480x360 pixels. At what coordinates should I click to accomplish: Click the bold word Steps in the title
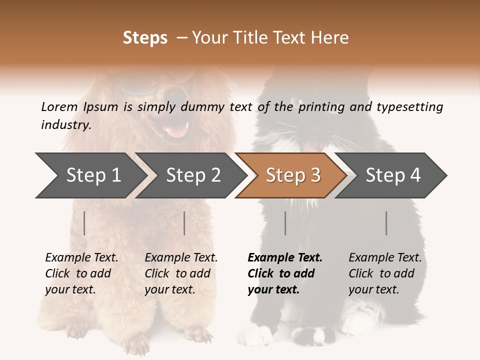pyautogui.click(x=145, y=38)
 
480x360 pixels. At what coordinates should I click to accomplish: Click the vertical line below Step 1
pyautogui.click(x=84, y=223)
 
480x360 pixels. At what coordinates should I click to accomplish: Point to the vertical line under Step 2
pyautogui.click(x=184, y=223)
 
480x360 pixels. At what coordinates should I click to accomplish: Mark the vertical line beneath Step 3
pyautogui.click(x=285, y=223)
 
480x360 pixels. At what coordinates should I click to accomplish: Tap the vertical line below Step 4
pyautogui.click(x=386, y=223)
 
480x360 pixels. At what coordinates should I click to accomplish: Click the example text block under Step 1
pyautogui.click(x=81, y=273)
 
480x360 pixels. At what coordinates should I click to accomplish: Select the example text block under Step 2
pyautogui.click(x=181, y=273)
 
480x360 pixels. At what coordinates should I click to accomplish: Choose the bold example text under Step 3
pyautogui.click(x=285, y=273)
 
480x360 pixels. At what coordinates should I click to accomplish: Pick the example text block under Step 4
pyautogui.click(x=385, y=273)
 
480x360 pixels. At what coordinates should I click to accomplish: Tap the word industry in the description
pyautogui.click(x=65, y=124)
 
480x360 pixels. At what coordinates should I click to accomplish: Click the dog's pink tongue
pyautogui.click(x=175, y=130)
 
